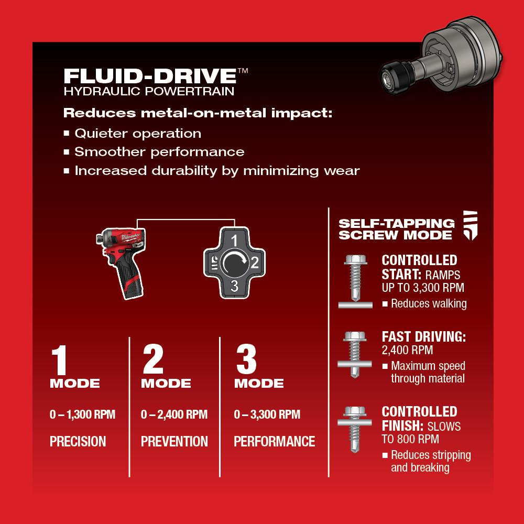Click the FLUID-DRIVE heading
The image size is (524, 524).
tap(149, 75)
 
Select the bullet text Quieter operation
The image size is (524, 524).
tap(138, 133)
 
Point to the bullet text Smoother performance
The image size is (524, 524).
tap(159, 152)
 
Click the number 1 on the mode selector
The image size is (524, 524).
tap(235, 241)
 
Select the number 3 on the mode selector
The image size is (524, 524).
tap(235, 285)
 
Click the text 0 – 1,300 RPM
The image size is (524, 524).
tap(82, 415)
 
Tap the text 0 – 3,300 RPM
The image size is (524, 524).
tap(267, 415)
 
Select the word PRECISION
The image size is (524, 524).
tap(78, 441)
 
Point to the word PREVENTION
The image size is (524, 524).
tap(174, 441)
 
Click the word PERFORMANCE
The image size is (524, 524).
tap(275, 441)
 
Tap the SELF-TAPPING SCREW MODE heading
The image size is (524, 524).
tap(396, 228)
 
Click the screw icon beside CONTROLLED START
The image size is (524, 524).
tap(355, 280)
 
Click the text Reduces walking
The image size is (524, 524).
tap(429, 303)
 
